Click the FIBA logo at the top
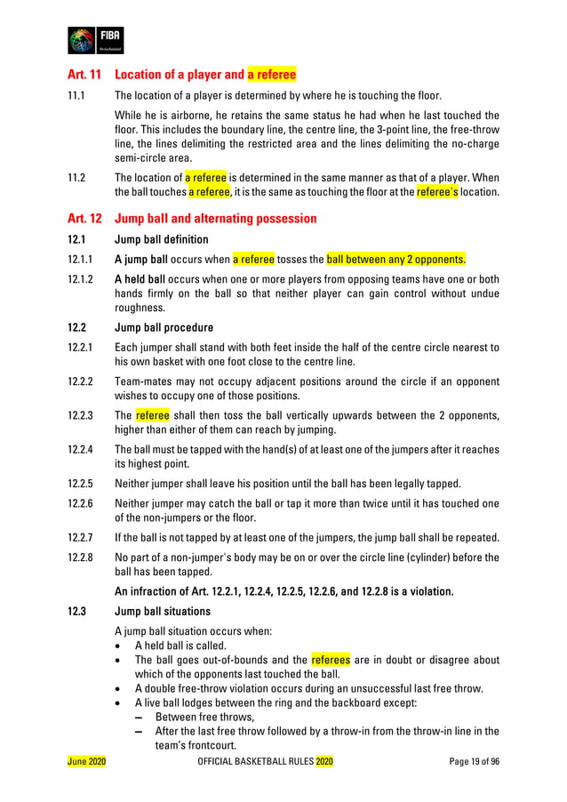click(95, 41)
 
